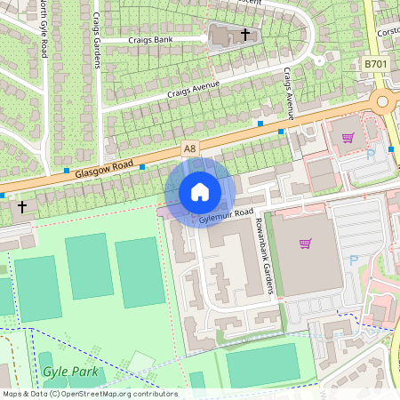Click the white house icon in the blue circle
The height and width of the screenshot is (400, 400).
199,192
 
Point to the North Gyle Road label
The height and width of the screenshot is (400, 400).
43,31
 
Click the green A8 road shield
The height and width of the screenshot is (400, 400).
188,147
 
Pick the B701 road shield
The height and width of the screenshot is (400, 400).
376,65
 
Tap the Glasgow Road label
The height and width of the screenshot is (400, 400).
104,166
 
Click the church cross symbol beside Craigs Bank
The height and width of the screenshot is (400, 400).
245,35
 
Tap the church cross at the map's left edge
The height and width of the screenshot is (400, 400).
22,206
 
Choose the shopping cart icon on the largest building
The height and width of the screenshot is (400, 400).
306,243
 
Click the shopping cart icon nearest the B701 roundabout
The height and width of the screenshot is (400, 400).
348,138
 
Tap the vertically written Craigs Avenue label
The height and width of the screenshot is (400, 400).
289,93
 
